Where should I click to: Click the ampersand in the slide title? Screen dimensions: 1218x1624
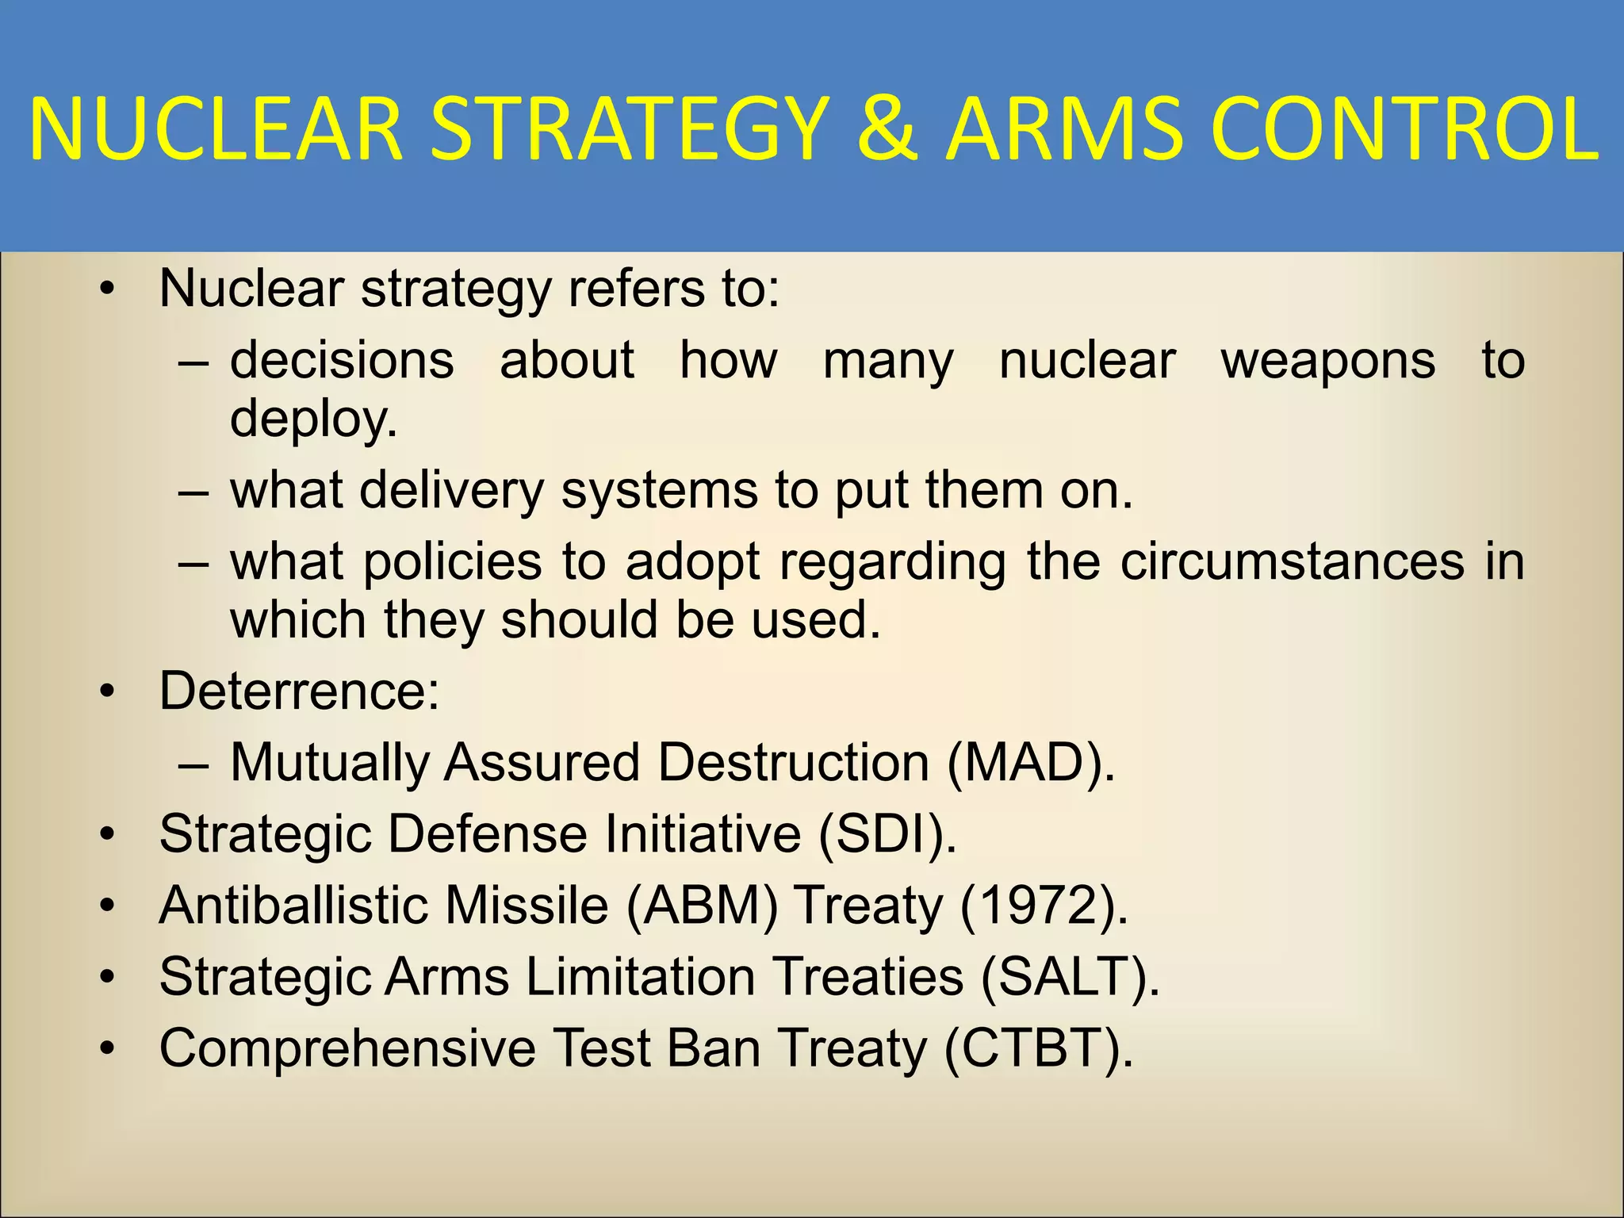pos(887,129)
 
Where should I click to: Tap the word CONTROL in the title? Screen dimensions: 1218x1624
pos(1404,129)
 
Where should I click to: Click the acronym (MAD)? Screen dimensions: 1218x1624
pos(1030,763)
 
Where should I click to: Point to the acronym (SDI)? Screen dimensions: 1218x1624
pos(887,834)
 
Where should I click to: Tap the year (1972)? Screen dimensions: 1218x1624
pos(1044,906)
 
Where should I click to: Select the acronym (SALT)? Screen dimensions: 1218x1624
pos(1070,977)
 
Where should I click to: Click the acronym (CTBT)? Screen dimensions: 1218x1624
pos(1039,1048)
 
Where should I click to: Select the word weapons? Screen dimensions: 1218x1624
pos(1328,361)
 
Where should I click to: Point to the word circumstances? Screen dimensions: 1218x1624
pos(1293,562)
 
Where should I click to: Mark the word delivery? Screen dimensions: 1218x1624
pos(451,491)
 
